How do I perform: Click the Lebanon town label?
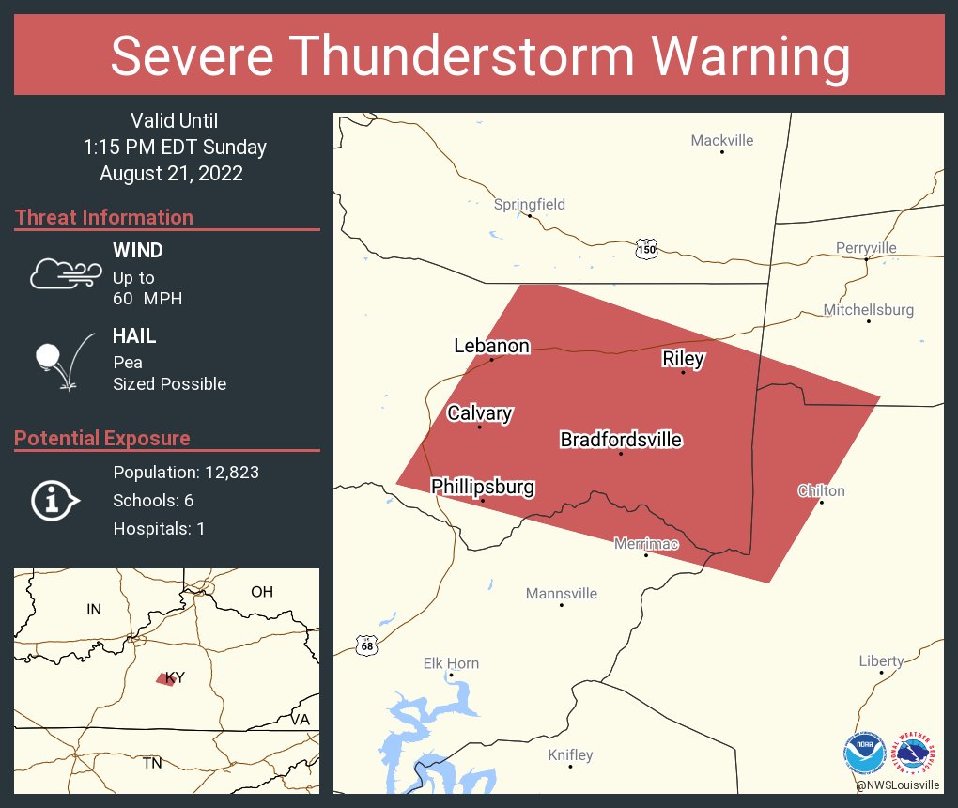tap(491, 346)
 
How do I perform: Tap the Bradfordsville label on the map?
tap(621, 440)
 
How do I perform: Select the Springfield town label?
tap(530, 204)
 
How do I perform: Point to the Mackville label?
tap(722, 141)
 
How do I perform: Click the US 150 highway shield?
tap(646, 249)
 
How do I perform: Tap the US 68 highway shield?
tap(367, 645)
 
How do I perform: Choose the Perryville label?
tap(866, 248)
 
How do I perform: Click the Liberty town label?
tap(881, 661)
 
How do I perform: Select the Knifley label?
tap(570, 755)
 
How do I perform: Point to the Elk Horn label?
tap(451, 663)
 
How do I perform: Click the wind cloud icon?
tap(65, 273)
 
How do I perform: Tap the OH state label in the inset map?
tap(261, 592)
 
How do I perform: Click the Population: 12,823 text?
tap(186, 472)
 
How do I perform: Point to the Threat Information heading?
tap(104, 217)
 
